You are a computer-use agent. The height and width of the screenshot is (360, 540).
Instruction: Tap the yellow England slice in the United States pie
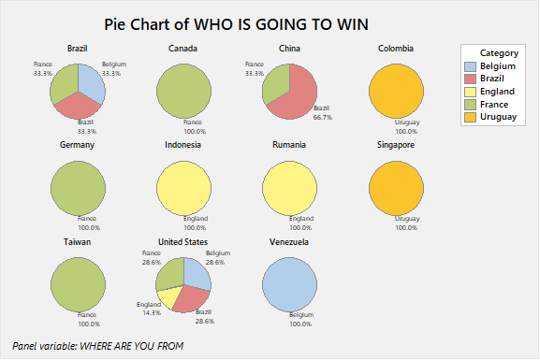pos(169,296)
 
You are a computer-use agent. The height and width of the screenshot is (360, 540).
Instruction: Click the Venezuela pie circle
pos(290,284)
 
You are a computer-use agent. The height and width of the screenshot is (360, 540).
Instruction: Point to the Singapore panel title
pos(396,145)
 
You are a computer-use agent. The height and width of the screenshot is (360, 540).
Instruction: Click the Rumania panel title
pos(289,145)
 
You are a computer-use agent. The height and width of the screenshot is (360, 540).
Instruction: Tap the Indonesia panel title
pos(182,145)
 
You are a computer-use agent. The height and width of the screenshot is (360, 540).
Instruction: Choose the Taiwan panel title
pos(78,241)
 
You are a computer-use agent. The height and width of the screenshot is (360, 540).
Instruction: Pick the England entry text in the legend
pos(497,92)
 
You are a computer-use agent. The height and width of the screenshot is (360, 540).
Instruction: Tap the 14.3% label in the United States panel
pos(148,312)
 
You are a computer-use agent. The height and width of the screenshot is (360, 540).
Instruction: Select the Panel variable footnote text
pos(98,345)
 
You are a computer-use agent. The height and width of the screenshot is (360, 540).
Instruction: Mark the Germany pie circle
pos(78,187)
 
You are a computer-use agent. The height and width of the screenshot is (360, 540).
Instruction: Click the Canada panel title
pos(182,49)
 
